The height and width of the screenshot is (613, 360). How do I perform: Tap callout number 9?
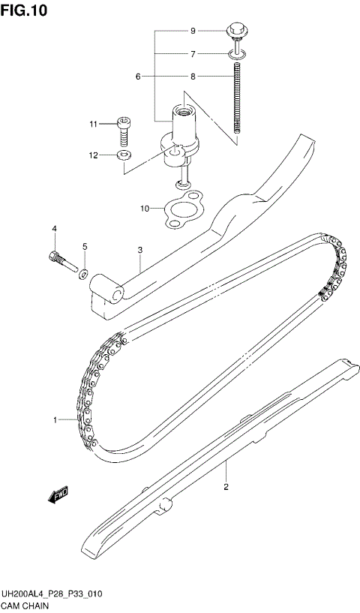tap(193, 31)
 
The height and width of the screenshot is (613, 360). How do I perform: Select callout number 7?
tap(193, 54)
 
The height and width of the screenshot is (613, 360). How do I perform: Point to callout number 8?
tap(193, 77)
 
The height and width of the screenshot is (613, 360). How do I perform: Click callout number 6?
tap(139, 77)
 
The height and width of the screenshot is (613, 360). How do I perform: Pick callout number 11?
tap(94, 124)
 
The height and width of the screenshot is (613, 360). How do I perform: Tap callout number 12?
tap(94, 155)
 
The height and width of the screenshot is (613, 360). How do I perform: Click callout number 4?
tap(54, 228)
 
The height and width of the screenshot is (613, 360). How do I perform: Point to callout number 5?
tap(85, 247)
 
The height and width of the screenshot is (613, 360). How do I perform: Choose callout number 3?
tap(139, 250)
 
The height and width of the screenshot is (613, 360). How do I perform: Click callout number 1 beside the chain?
tap(55, 420)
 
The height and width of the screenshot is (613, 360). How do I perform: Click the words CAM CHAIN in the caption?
tap(27, 605)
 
